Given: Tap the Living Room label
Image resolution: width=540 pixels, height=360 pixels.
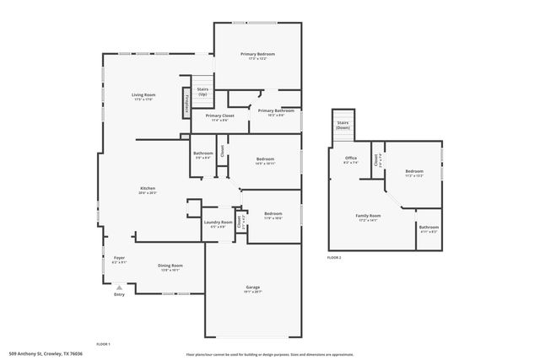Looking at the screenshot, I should (x=143, y=96).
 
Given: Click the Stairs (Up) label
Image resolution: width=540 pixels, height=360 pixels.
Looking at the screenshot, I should (x=202, y=91).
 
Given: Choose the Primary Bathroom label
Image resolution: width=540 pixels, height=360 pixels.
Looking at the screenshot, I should (x=276, y=112).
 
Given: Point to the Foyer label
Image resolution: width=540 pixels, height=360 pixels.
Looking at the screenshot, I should (x=119, y=260).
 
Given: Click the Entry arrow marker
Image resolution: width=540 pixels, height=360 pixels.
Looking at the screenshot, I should (x=119, y=287).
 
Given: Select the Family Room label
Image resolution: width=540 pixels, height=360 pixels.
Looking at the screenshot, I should (x=368, y=217).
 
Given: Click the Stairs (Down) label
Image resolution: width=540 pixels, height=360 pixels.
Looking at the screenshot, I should (x=343, y=125).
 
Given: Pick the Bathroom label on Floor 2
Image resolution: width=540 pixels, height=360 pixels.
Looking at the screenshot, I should (x=429, y=228).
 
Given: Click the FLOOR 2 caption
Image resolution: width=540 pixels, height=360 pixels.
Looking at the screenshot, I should (x=334, y=257).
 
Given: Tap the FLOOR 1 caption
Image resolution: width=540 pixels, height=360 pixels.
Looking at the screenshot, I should (x=103, y=344).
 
